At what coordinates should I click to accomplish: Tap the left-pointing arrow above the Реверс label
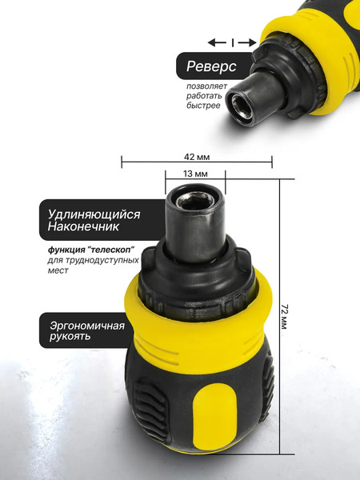215,42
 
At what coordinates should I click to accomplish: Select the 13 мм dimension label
196,174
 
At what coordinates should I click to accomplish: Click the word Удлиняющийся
94,214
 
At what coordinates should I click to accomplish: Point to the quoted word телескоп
112,250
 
